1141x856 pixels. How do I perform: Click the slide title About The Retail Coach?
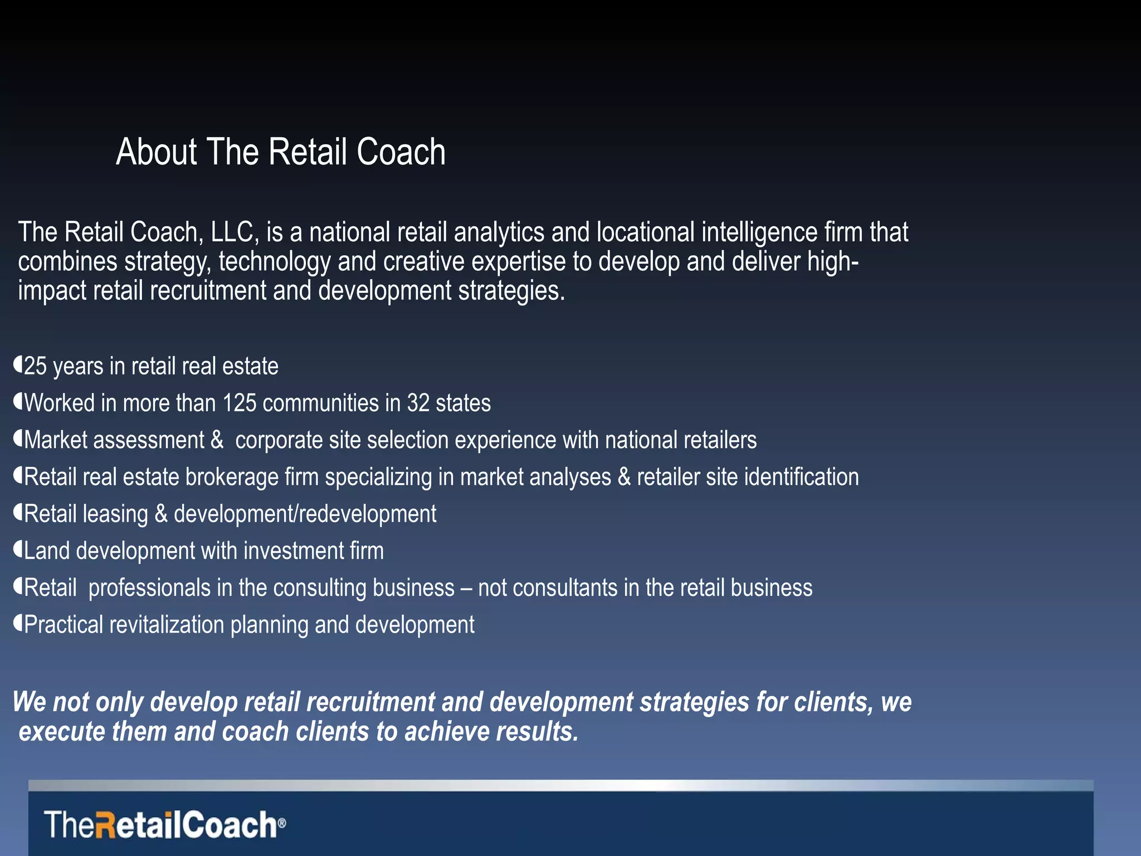(280, 152)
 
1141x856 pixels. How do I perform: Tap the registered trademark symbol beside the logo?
(282, 823)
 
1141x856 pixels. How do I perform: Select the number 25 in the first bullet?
(35, 367)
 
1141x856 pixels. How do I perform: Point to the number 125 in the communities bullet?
(239, 403)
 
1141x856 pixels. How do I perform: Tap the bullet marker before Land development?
(18, 550)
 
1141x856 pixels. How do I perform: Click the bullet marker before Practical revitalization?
(18, 624)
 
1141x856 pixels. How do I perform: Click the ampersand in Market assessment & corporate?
(217, 440)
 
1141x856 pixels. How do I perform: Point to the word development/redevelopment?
(305, 514)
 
